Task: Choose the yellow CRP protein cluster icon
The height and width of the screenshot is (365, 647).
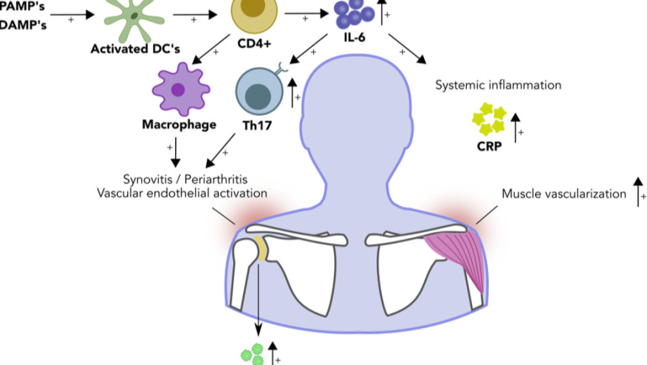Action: click(x=488, y=118)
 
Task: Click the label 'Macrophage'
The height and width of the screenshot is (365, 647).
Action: click(x=179, y=124)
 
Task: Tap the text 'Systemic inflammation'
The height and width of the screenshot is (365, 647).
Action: click(x=498, y=85)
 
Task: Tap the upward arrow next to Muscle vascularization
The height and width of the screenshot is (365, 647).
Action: click(x=639, y=191)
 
